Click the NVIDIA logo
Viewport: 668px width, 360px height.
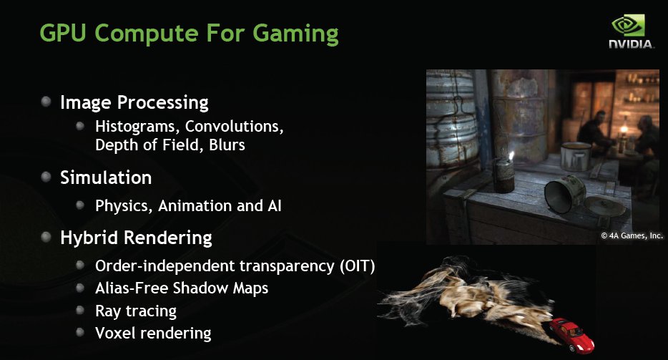point(631,31)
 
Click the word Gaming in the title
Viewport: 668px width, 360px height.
point(295,34)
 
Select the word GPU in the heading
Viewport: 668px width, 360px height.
point(63,33)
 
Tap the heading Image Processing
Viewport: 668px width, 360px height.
point(134,103)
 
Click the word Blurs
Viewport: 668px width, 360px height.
point(227,145)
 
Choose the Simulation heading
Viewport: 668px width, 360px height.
point(106,177)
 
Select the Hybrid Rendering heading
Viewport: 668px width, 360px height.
point(136,238)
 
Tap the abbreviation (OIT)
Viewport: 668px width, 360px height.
point(358,266)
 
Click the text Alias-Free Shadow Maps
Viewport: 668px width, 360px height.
point(182,288)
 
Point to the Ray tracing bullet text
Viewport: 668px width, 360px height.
point(135,311)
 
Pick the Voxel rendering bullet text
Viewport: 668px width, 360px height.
point(153,334)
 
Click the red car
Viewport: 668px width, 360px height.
point(571,334)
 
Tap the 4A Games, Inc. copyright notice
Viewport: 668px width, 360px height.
point(632,235)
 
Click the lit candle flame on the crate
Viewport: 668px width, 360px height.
point(511,156)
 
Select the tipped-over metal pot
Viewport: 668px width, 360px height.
point(565,194)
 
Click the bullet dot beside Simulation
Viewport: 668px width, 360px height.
point(46,177)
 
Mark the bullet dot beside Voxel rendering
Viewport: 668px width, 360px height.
point(79,332)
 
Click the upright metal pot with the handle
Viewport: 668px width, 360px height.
point(576,156)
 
